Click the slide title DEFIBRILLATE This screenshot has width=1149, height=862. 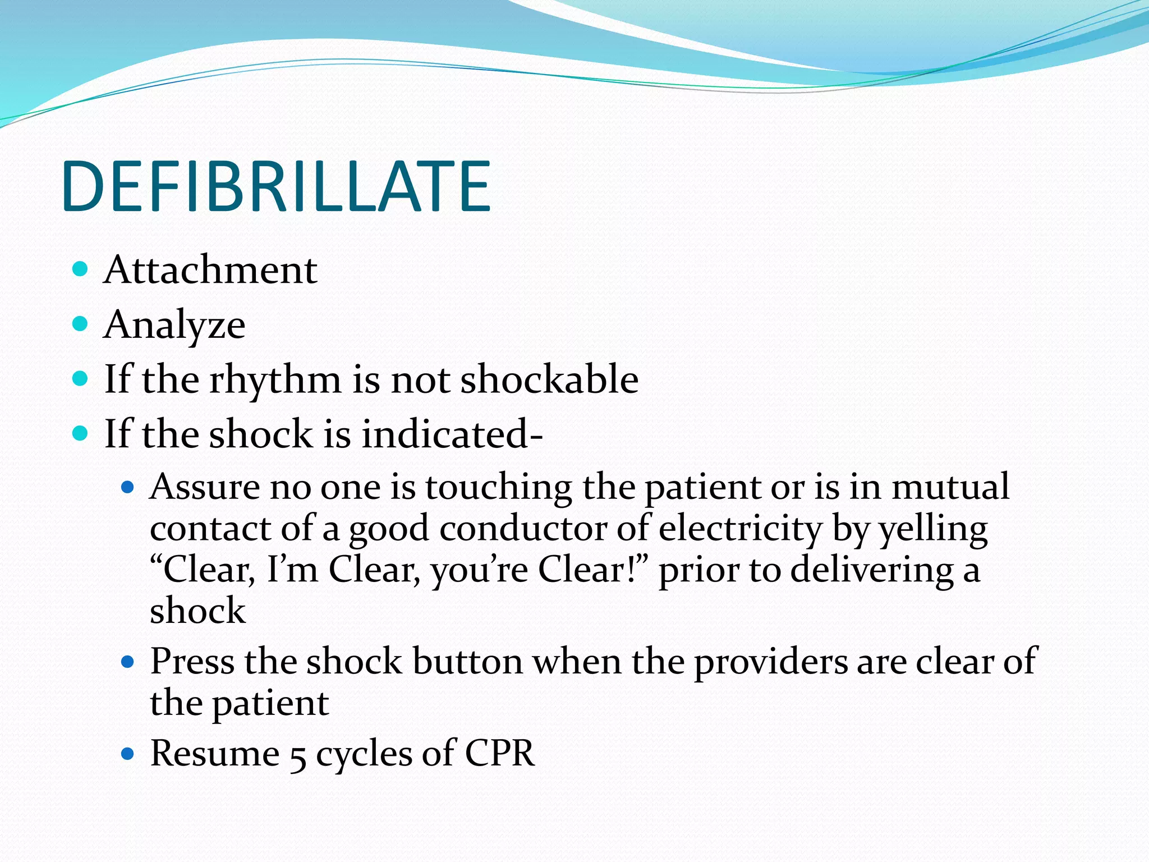[x=276, y=186]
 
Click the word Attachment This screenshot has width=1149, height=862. [x=210, y=270]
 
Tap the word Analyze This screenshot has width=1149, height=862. [x=174, y=325]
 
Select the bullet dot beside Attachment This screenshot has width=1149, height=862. [x=81, y=269]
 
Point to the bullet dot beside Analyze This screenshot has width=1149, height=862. [x=81, y=324]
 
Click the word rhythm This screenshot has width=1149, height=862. [x=275, y=379]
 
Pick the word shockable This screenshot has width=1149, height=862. [x=549, y=379]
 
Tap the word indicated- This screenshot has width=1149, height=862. [x=452, y=434]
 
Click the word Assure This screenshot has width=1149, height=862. [x=204, y=487]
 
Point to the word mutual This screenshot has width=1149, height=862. [x=950, y=487]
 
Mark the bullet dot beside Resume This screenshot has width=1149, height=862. [x=128, y=753]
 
